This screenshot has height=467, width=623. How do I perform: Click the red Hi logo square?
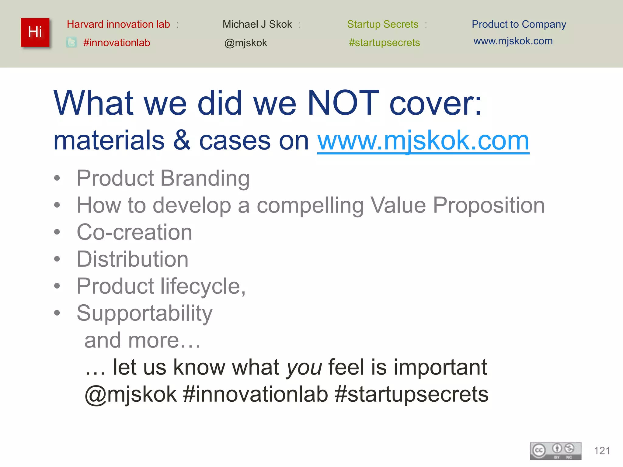coord(35,32)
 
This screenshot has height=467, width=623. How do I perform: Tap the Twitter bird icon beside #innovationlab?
coord(71,43)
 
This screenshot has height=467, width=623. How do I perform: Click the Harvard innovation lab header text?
coord(118,24)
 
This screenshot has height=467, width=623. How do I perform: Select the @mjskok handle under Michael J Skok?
coord(245,43)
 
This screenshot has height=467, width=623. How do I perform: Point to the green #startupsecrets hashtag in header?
coord(384,43)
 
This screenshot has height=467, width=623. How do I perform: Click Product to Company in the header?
coord(519,24)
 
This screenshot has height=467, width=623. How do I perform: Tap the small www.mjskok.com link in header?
coord(513,41)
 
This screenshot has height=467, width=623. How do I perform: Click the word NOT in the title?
coord(343,103)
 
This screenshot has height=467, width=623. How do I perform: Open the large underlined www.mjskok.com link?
coord(423,140)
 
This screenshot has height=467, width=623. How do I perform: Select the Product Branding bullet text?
coord(163,178)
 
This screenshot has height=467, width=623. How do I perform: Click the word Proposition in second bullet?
coord(489,206)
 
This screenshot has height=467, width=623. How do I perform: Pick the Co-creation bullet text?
coord(134,232)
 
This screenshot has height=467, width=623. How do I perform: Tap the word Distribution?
coord(133,259)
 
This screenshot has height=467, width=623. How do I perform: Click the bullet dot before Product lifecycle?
coord(57,286)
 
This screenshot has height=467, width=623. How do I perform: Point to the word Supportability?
coord(144,313)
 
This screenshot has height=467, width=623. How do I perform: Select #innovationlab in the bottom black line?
coord(256,394)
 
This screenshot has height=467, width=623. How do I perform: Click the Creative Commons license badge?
coord(555,451)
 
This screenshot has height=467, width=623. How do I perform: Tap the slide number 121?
coord(602,451)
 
